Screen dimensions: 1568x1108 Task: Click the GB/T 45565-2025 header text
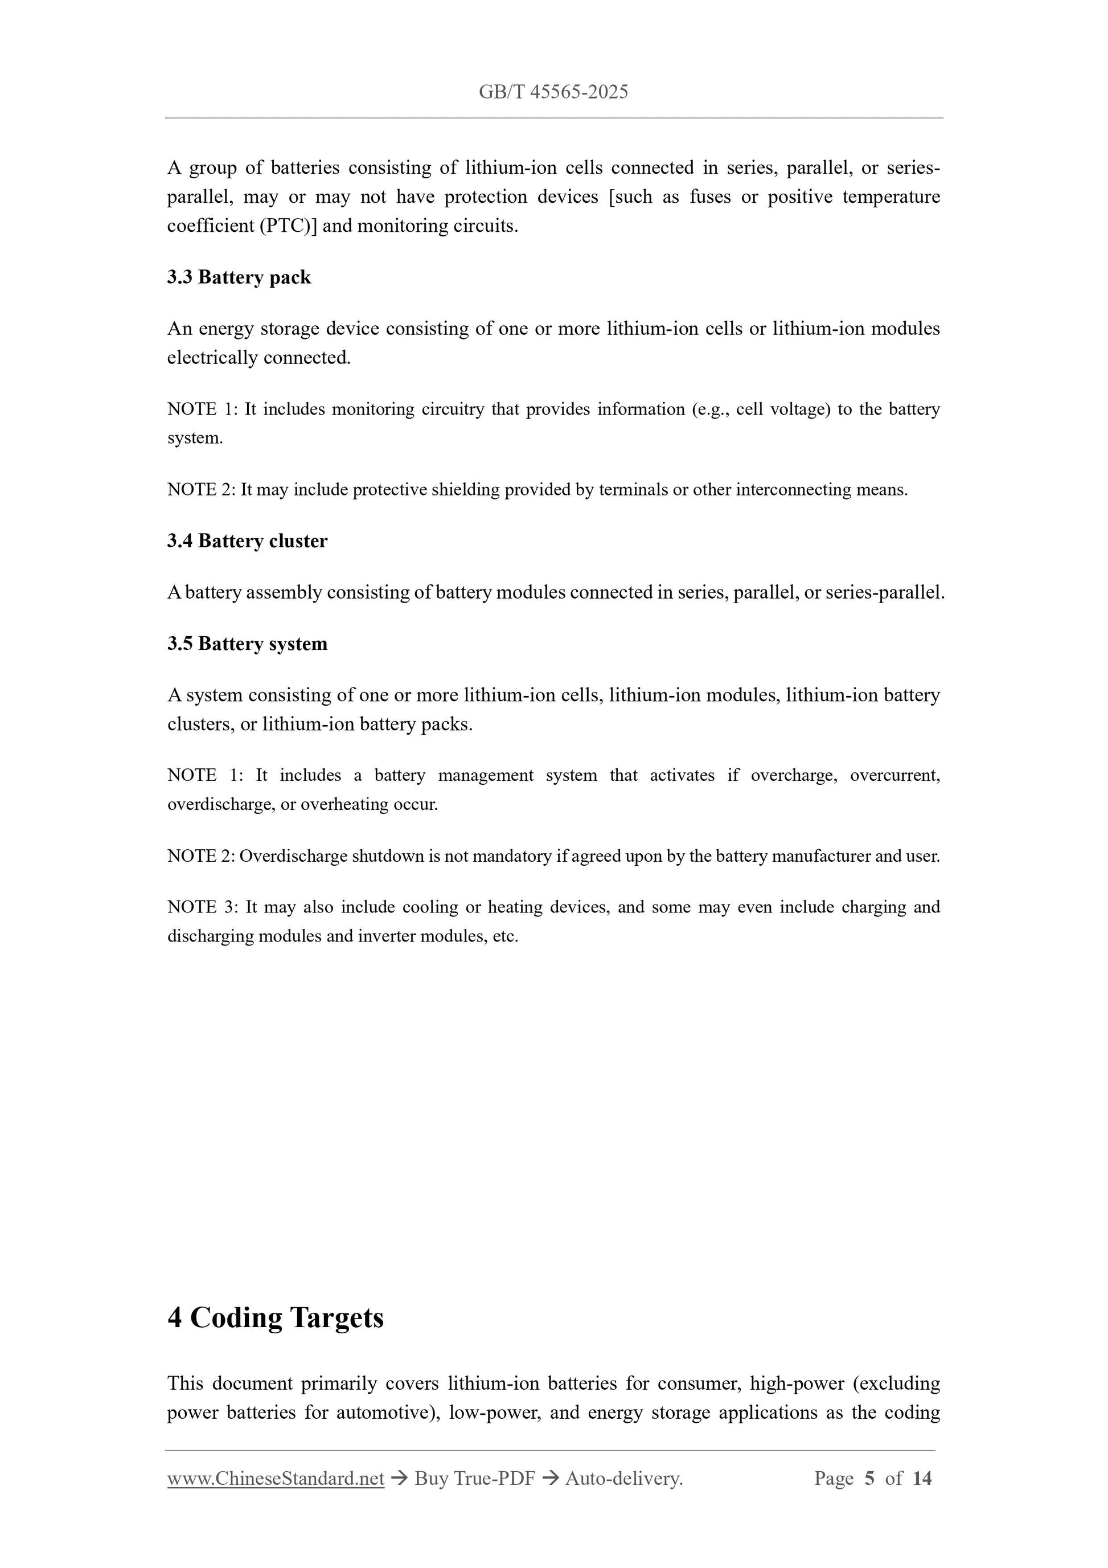(553, 92)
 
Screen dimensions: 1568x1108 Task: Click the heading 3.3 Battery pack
(239, 277)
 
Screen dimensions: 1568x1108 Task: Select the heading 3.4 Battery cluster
(247, 541)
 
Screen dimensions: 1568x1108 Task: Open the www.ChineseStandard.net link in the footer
(276, 1479)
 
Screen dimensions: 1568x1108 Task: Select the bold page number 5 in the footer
(869, 1479)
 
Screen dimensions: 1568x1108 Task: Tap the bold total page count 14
(922, 1479)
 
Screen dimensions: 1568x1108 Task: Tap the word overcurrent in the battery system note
(894, 776)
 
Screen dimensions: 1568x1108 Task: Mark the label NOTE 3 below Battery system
(201, 908)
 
